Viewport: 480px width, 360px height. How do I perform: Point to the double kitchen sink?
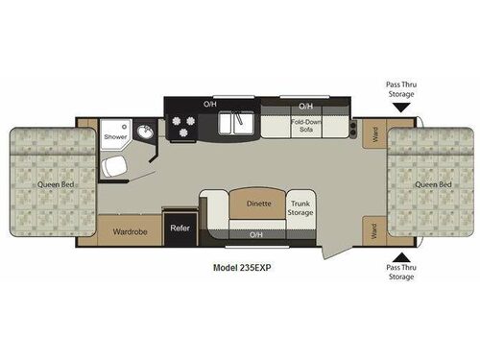pos(234,123)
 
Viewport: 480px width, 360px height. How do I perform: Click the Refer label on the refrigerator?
pos(180,228)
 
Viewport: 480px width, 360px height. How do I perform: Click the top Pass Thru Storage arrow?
pos(401,108)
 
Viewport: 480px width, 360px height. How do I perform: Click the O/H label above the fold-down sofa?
pos(305,105)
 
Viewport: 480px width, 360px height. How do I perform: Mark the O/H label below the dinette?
pos(255,233)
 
